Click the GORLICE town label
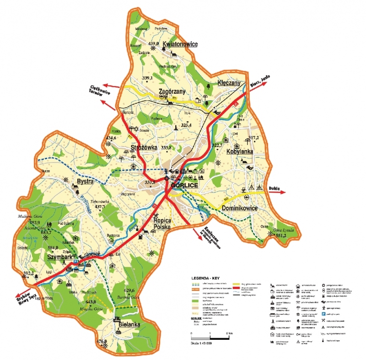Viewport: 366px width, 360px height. pyautogui.click(x=184, y=186)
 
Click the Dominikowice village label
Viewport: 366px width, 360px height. pyautogui.click(x=240, y=208)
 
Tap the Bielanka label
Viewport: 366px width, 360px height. pyautogui.click(x=129, y=324)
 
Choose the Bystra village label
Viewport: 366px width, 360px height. pyautogui.click(x=85, y=182)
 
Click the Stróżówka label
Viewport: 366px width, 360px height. pyautogui.click(x=144, y=148)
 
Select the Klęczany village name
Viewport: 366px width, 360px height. pyautogui.click(x=229, y=83)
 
